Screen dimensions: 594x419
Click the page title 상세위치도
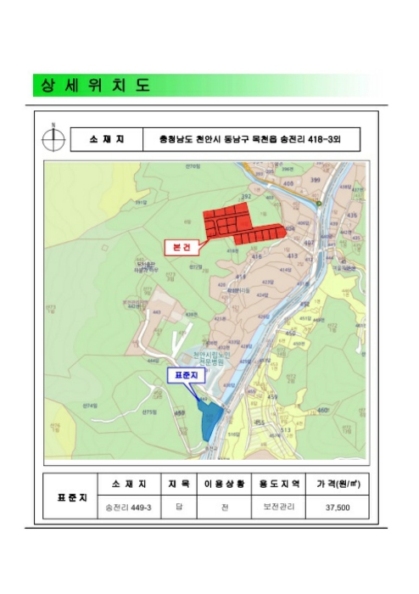pyautogui.click(x=92, y=86)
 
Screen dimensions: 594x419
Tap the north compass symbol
pyautogui.click(x=53, y=137)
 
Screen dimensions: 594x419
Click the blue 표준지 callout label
pyautogui.click(x=184, y=374)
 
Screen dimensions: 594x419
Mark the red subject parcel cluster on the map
pyautogui.click(x=242, y=224)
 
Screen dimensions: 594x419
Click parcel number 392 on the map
pyautogui.click(x=247, y=197)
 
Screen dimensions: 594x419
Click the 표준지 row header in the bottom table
pyautogui.click(x=71, y=496)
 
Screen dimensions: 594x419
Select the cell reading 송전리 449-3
pyautogui.click(x=128, y=508)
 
